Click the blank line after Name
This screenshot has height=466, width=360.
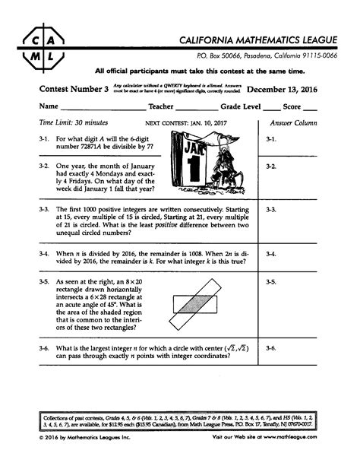tap(96, 109)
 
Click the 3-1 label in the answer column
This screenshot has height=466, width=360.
tap(273, 139)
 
